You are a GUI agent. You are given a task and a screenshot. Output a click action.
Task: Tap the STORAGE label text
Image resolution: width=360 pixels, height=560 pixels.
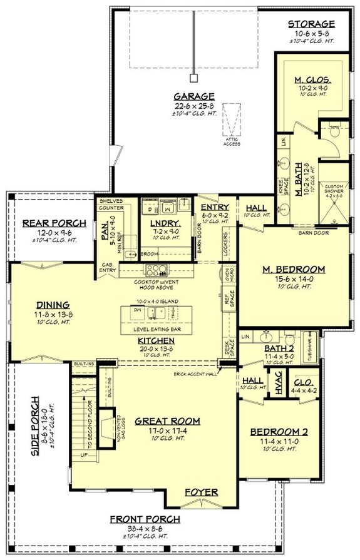[x=311, y=24]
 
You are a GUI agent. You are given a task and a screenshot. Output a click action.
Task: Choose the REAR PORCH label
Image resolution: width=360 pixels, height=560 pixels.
[x=49, y=223]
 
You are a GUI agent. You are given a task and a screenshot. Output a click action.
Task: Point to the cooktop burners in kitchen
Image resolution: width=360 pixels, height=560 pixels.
[x=154, y=270]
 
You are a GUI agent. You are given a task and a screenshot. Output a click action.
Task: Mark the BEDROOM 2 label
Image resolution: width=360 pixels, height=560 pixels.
[x=279, y=432]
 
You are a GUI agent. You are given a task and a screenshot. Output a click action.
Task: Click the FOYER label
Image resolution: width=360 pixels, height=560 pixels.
[x=201, y=492]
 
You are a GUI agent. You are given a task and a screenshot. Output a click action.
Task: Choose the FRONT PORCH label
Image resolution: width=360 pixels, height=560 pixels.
[x=145, y=519]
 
